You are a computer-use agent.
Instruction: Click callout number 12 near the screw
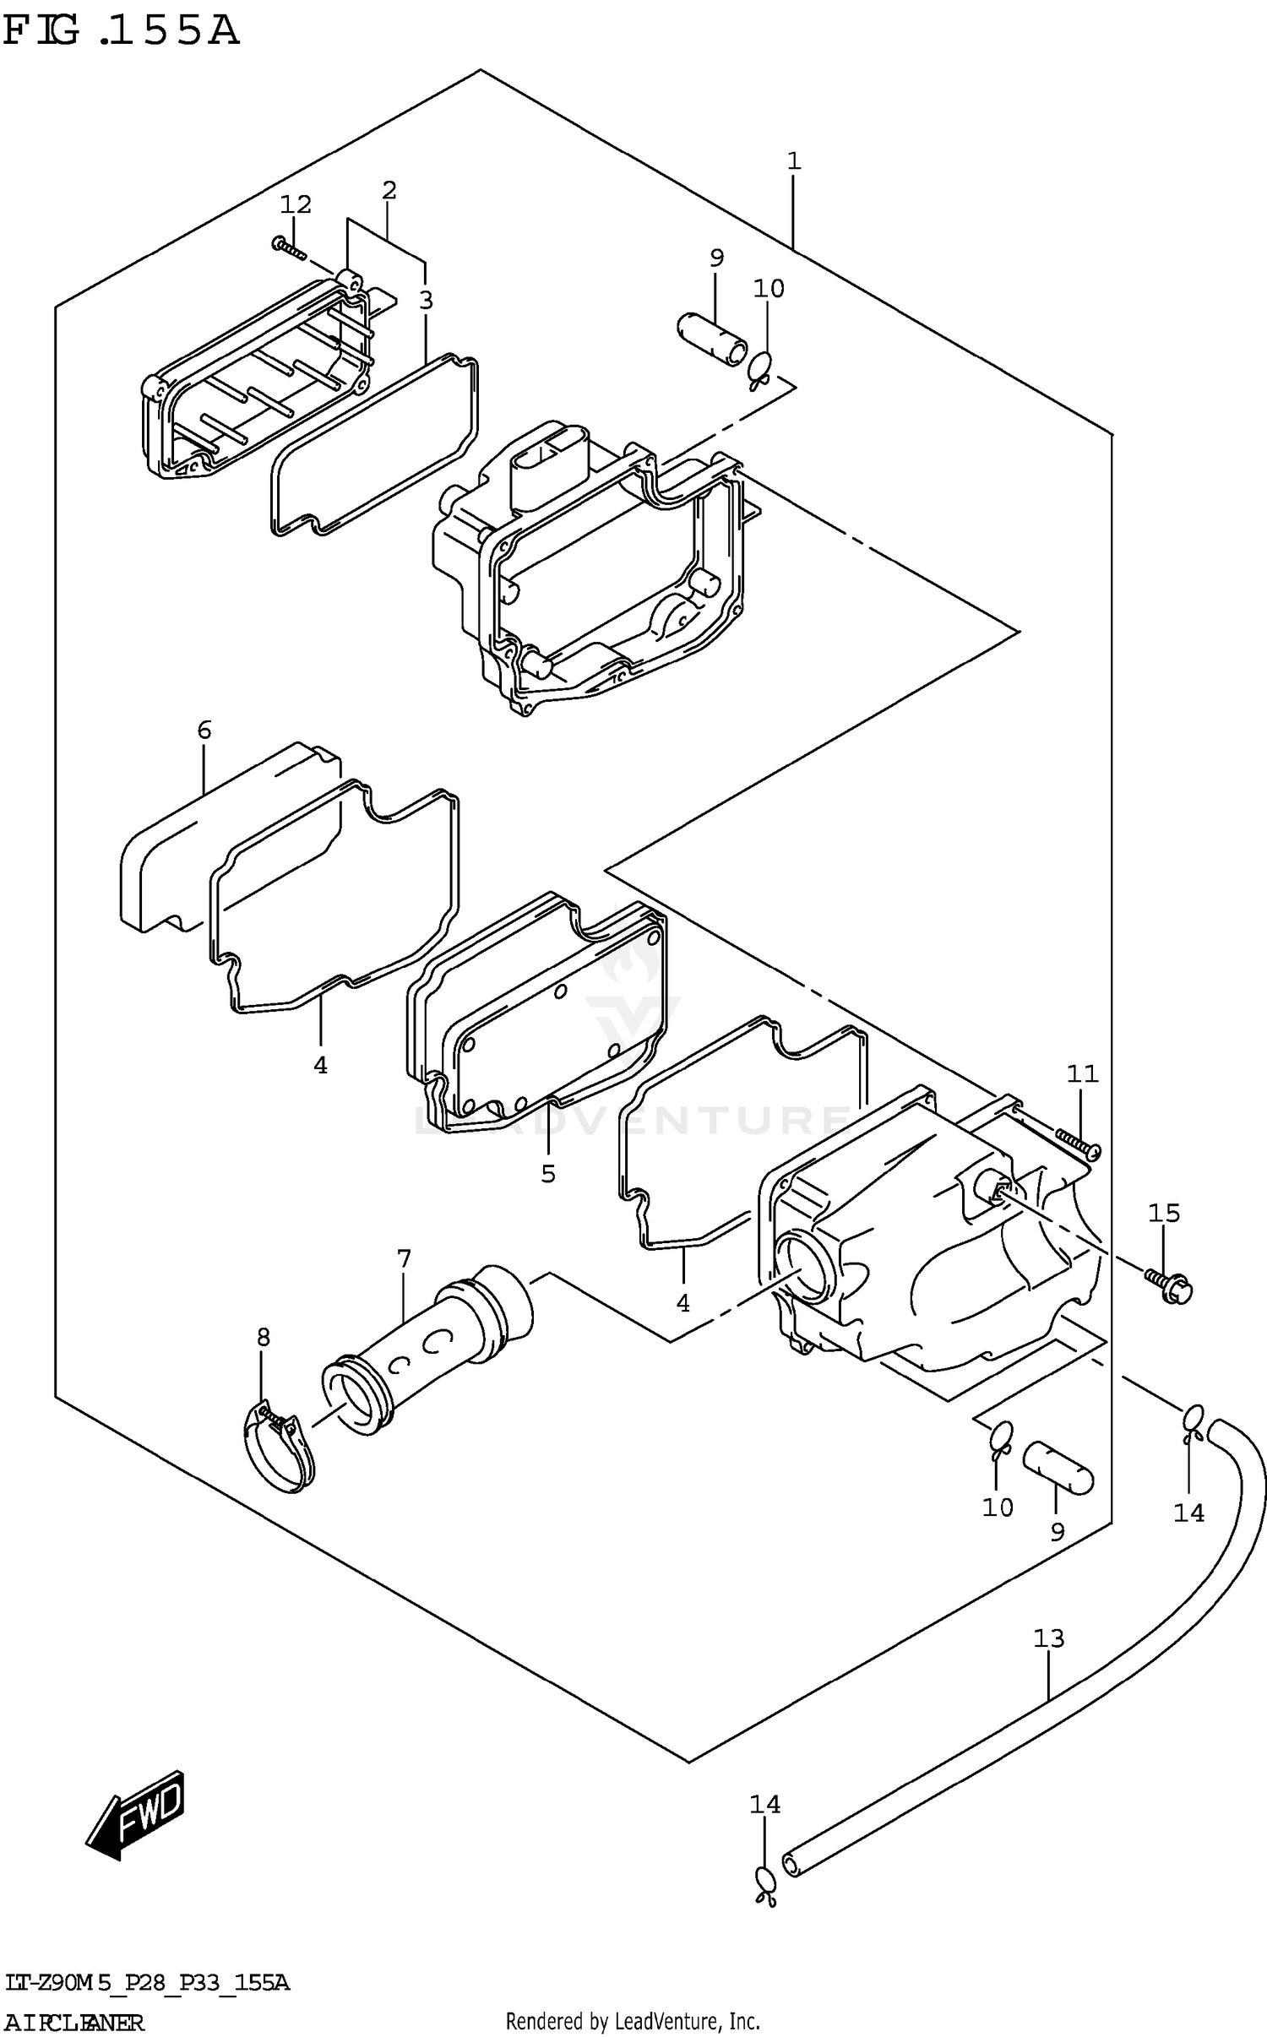pyautogui.click(x=296, y=204)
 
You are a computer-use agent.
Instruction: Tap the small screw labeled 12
pyautogui.click(x=287, y=247)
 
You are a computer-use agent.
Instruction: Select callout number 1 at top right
pyautogui.click(x=794, y=160)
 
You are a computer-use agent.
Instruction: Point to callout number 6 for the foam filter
pyautogui.click(x=204, y=730)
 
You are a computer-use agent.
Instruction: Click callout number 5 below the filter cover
pyautogui.click(x=548, y=1173)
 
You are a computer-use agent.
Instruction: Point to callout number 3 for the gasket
pyautogui.click(x=426, y=300)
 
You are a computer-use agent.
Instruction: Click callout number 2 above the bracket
pyautogui.click(x=389, y=190)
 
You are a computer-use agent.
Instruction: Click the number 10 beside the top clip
pyautogui.click(x=769, y=289)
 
